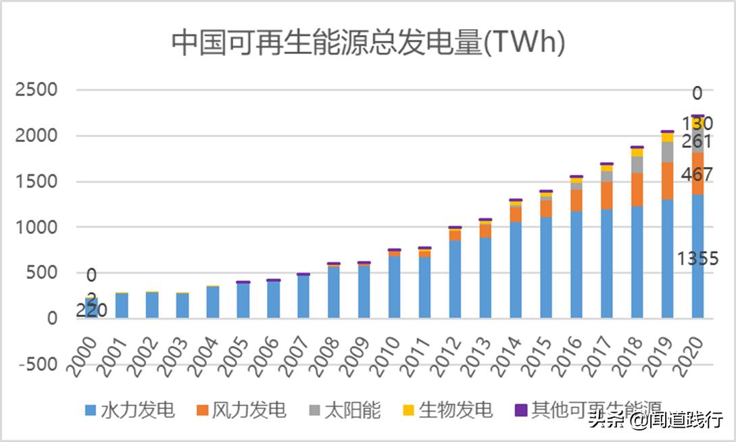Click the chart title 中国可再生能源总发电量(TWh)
(368, 43)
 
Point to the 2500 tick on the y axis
(38, 90)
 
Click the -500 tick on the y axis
(38, 364)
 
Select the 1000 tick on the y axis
(38, 227)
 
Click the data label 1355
(698, 259)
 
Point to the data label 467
(696, 174)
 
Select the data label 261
(696, 142)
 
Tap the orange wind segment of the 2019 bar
(667, 181)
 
